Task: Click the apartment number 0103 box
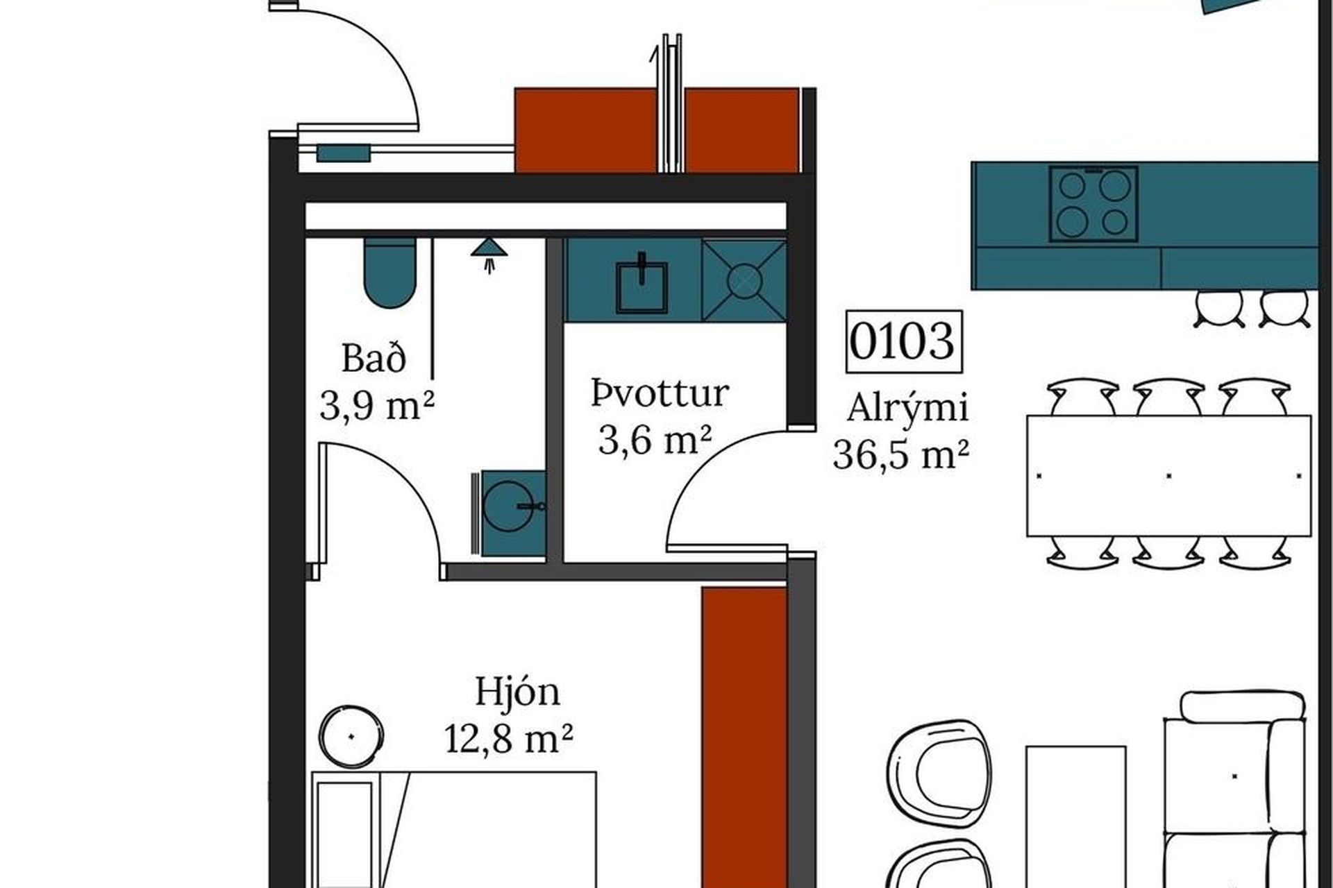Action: point(904,341)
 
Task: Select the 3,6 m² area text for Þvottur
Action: point(655,439)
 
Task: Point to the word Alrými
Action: point(907,407)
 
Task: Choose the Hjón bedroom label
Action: point(517,691)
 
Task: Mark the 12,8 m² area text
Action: point(509,738)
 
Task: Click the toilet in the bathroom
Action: point(390,273)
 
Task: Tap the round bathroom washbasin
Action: point(513,513)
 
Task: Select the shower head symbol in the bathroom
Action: point(489,253)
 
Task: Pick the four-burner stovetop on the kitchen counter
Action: point(1093,203)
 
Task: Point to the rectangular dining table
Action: point(1169,475)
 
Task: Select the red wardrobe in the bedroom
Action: point(744,737)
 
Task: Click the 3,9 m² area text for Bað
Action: point(377,405)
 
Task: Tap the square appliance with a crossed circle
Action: point(744,280)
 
